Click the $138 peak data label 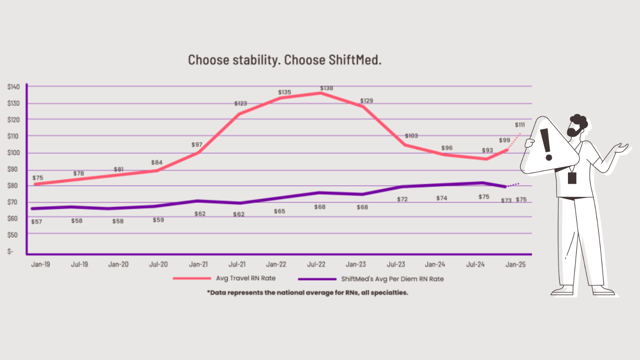[x=326, y=88]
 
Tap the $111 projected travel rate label [x=520, y=125]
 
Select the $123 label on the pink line [x=240, y=104]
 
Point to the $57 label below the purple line [x=37, y=222]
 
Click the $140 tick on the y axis [x=13, y=87]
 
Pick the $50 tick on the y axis [x=12, y=235]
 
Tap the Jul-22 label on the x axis [x=316, y=265]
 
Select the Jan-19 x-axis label [x=40, y=265]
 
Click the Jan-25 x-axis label [x=515, y=265]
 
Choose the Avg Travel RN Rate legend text [x=246, y=278]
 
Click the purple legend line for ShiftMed [x=317, y=279]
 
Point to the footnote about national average [x=307, y=293]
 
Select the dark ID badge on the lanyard [x=572, y=178]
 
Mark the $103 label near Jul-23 [x=411, y=136]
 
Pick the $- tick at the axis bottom [x=11, y=252]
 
